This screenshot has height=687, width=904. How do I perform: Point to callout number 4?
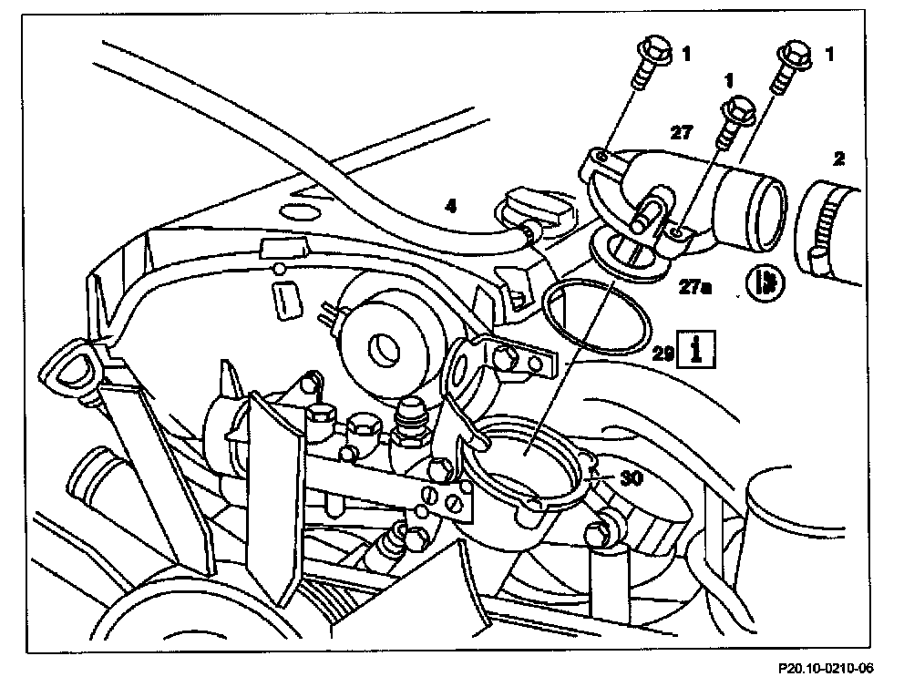tap(450, 206)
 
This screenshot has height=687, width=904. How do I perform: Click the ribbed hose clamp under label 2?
tap(822, 228)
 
